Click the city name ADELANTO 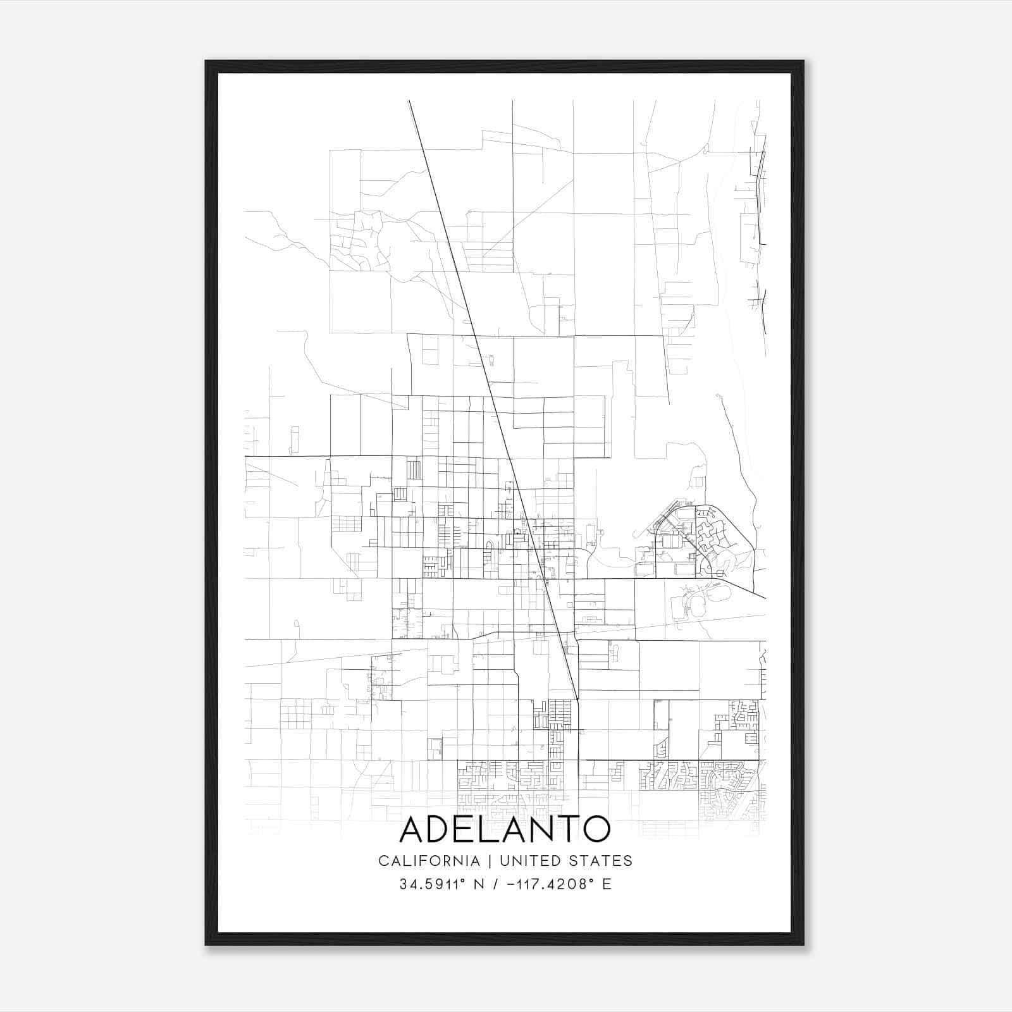[x=505, y=829]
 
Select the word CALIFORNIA [x=429, y=861]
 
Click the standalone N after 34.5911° [x=479, y=884]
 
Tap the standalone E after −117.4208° [x=607, y=884]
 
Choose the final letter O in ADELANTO [x=596, y=829]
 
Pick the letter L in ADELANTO [x=495, y=829]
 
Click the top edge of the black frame [x=505, y=66]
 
